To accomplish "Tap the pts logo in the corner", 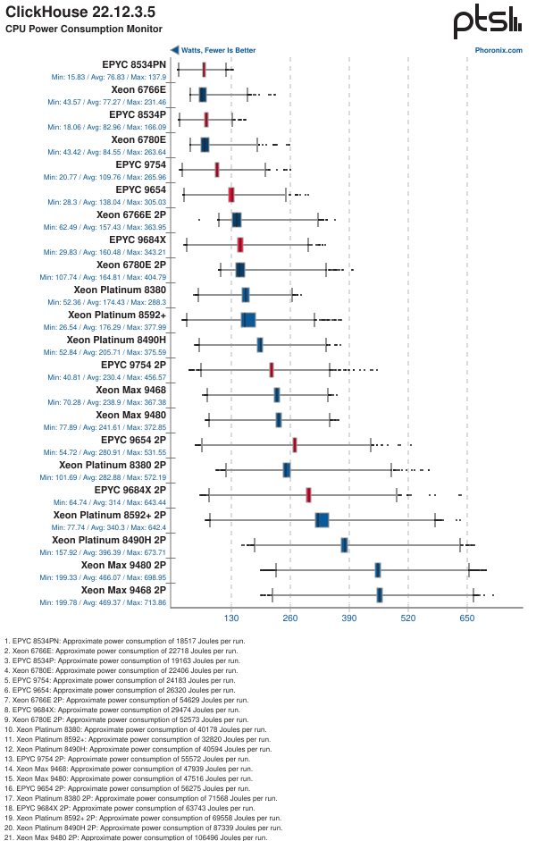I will click(x=486, y=21).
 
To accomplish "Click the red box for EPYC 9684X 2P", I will click(x=308, y=495).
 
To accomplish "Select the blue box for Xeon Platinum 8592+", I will click(x=248, y=320).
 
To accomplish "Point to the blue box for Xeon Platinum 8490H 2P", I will click(x=345, y=545).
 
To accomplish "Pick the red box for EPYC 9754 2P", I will click(x=272, y=370).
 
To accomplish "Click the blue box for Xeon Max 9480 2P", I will click(x=378, y=570).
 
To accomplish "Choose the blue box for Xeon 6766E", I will click(x=203, y=95).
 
